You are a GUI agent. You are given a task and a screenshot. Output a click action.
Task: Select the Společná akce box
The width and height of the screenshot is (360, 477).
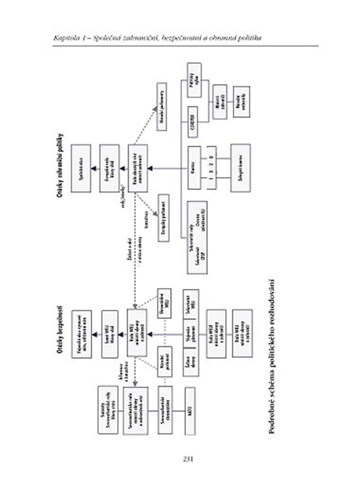pyautogui.click(x=81, y=168)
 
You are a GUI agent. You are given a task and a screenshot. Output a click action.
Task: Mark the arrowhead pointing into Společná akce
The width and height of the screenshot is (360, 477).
pyautogui.click(x=94, y=168)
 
